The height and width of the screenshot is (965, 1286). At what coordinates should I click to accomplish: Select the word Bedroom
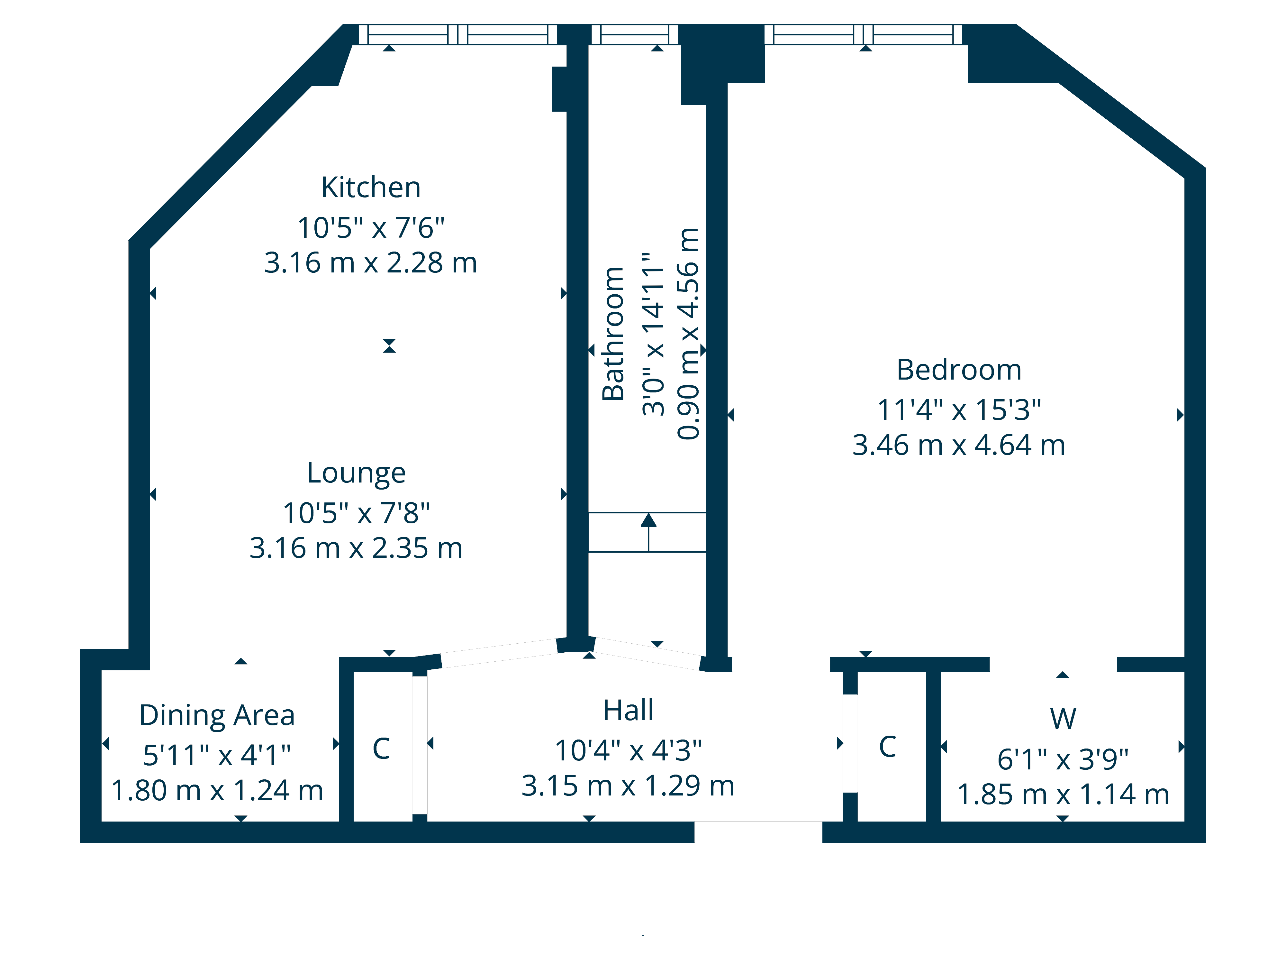tap(959, 370)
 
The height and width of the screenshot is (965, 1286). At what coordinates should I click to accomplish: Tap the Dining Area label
tap(217, 715)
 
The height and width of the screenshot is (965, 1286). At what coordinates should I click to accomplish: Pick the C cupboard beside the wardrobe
tap(887, 747)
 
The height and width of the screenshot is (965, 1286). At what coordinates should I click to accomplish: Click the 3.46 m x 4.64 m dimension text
tap(959, 445)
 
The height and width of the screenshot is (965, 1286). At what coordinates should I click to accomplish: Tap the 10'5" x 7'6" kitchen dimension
tap(371, 227)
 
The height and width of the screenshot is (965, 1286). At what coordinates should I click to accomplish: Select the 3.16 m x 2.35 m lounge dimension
tap(356, 548)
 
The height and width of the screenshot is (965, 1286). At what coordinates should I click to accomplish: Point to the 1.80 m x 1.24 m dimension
tap(217, 791)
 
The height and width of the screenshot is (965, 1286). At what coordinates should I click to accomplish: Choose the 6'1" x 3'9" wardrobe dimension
tap(1063, 759)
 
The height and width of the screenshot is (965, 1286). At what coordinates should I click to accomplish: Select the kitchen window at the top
tap(457, 34)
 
